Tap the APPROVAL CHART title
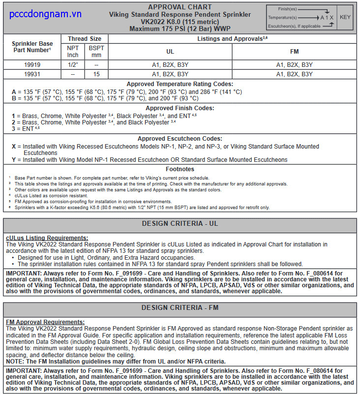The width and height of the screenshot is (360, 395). [x=180, y=7]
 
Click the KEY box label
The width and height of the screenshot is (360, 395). [x=345, y=17]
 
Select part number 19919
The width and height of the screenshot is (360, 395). [x=32, y=65]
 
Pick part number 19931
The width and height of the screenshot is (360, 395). [x=32, y=74]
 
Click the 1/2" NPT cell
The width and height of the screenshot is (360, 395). [x=73, y=65]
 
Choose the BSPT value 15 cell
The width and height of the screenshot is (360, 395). [x=96, y=74]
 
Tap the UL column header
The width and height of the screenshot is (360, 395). [x=170, y=52]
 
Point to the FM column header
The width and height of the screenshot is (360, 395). [x=295, y=52]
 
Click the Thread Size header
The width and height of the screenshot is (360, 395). [x=85, y=39]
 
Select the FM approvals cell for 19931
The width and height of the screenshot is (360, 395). [x=295, y=74]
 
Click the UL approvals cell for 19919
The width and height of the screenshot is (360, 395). [x=170, y=65]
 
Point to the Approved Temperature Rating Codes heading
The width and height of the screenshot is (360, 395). [x=180, y=84]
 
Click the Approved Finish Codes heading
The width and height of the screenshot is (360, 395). [x=180, y=108]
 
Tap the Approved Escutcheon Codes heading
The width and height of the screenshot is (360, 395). [x=180, y=139]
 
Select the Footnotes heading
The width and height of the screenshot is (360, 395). [x=180, y=169]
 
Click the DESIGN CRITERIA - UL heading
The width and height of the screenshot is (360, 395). [x=180, y=224]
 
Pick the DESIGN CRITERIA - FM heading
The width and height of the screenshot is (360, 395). [x=180, y=308]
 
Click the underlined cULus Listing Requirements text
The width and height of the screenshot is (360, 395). [x=47, y=238]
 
